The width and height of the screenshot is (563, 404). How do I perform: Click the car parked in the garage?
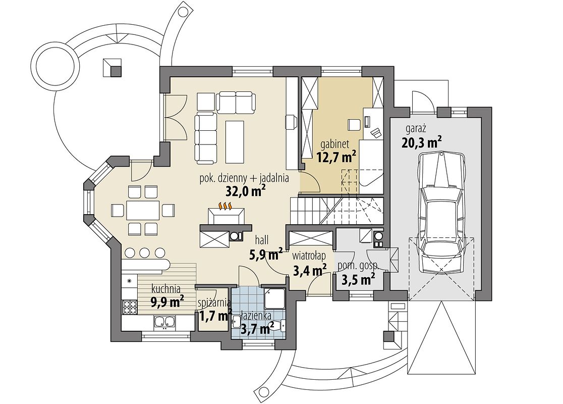tap(442, 213)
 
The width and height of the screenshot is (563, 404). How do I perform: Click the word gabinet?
tap(336, 144)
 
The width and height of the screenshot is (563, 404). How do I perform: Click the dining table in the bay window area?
tap(143, 210)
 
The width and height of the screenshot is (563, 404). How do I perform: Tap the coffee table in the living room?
tap(235, 141)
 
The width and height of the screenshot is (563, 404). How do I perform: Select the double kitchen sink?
tap(164, 322)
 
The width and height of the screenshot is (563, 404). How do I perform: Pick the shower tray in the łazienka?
tap(274, 298)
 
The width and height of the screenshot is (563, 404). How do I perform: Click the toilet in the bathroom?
tap(280, 325)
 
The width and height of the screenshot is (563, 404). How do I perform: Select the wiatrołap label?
tap(309, 256)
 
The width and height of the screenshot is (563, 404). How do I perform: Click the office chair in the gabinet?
tap(354, 124)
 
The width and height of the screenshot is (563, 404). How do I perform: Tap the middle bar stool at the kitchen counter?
tap(144, 252)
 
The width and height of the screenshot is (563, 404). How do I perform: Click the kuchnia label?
tap(166, 288)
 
